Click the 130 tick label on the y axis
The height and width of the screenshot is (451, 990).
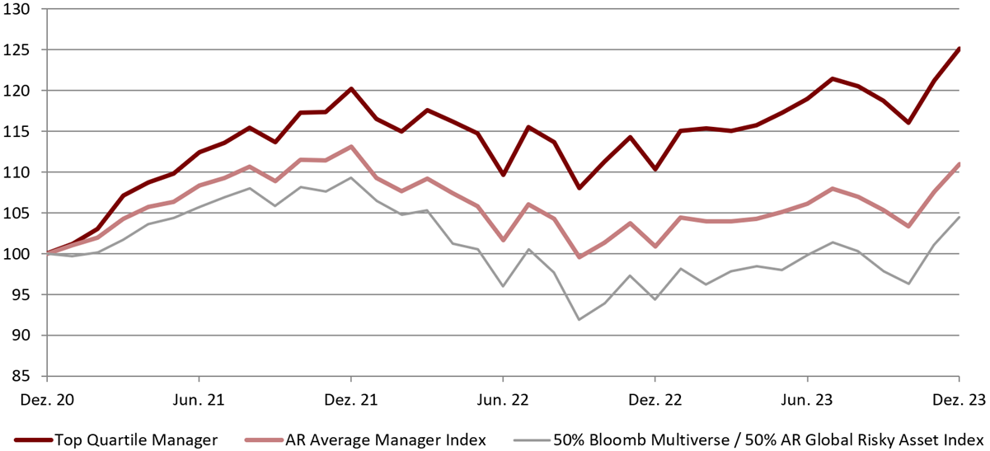(x=16, y=9)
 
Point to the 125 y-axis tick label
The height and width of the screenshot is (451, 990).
(x=16, y=50)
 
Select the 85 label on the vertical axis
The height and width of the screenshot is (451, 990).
(x=21, y=376)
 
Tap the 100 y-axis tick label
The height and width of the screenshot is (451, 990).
(x=16, y=254)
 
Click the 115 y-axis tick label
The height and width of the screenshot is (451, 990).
(x=16, y=132)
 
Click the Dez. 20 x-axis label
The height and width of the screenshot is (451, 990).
(x=47, y=400)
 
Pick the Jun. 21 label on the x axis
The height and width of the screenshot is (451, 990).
(x=199, y=400)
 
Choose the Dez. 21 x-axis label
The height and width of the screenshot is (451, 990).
(x=351, y=400)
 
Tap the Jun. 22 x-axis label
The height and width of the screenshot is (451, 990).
(x=503, y=400)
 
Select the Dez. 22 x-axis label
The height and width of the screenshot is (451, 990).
(x=655, y=400)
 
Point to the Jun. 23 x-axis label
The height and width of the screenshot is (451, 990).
(x=807, y=400)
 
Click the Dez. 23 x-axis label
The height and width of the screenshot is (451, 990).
(x=959, y=400)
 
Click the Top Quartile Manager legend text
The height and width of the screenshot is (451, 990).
(x=136, y=440)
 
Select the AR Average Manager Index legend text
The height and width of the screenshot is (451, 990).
(x=386, y=440)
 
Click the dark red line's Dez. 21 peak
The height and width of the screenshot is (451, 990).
(x=351, y=89)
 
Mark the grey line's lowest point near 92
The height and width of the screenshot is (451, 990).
(x=579, y=319)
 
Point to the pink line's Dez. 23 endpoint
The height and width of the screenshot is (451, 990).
(x=959, y=164)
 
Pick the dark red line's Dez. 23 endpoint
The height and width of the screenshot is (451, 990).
(x=959, y=48)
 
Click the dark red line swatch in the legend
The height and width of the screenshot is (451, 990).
(x=34, y=440)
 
